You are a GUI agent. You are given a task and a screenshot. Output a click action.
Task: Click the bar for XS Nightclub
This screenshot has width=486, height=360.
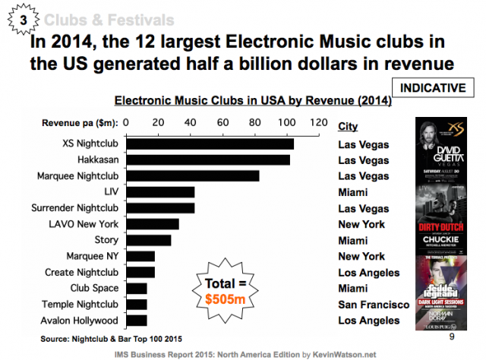(209, 144)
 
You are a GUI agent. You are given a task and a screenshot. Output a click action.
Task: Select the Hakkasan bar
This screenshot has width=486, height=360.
(207, 160)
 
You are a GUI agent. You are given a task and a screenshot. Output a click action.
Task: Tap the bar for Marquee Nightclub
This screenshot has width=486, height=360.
(192, 176)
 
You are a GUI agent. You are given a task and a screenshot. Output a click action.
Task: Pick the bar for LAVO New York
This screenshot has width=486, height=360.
(152, 224)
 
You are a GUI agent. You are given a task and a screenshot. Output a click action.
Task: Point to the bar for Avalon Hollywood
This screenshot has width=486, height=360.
(136, 320)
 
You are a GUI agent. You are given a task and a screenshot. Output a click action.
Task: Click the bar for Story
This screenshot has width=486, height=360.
(148, 240)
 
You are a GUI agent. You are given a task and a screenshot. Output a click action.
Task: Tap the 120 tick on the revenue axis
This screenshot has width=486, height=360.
(318, 122)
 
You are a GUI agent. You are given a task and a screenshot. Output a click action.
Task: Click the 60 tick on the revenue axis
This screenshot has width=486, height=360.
(222, 122)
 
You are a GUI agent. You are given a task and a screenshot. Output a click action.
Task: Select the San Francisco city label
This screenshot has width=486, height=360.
(374, 305)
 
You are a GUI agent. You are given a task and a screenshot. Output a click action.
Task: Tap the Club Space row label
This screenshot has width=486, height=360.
(94, 288)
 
